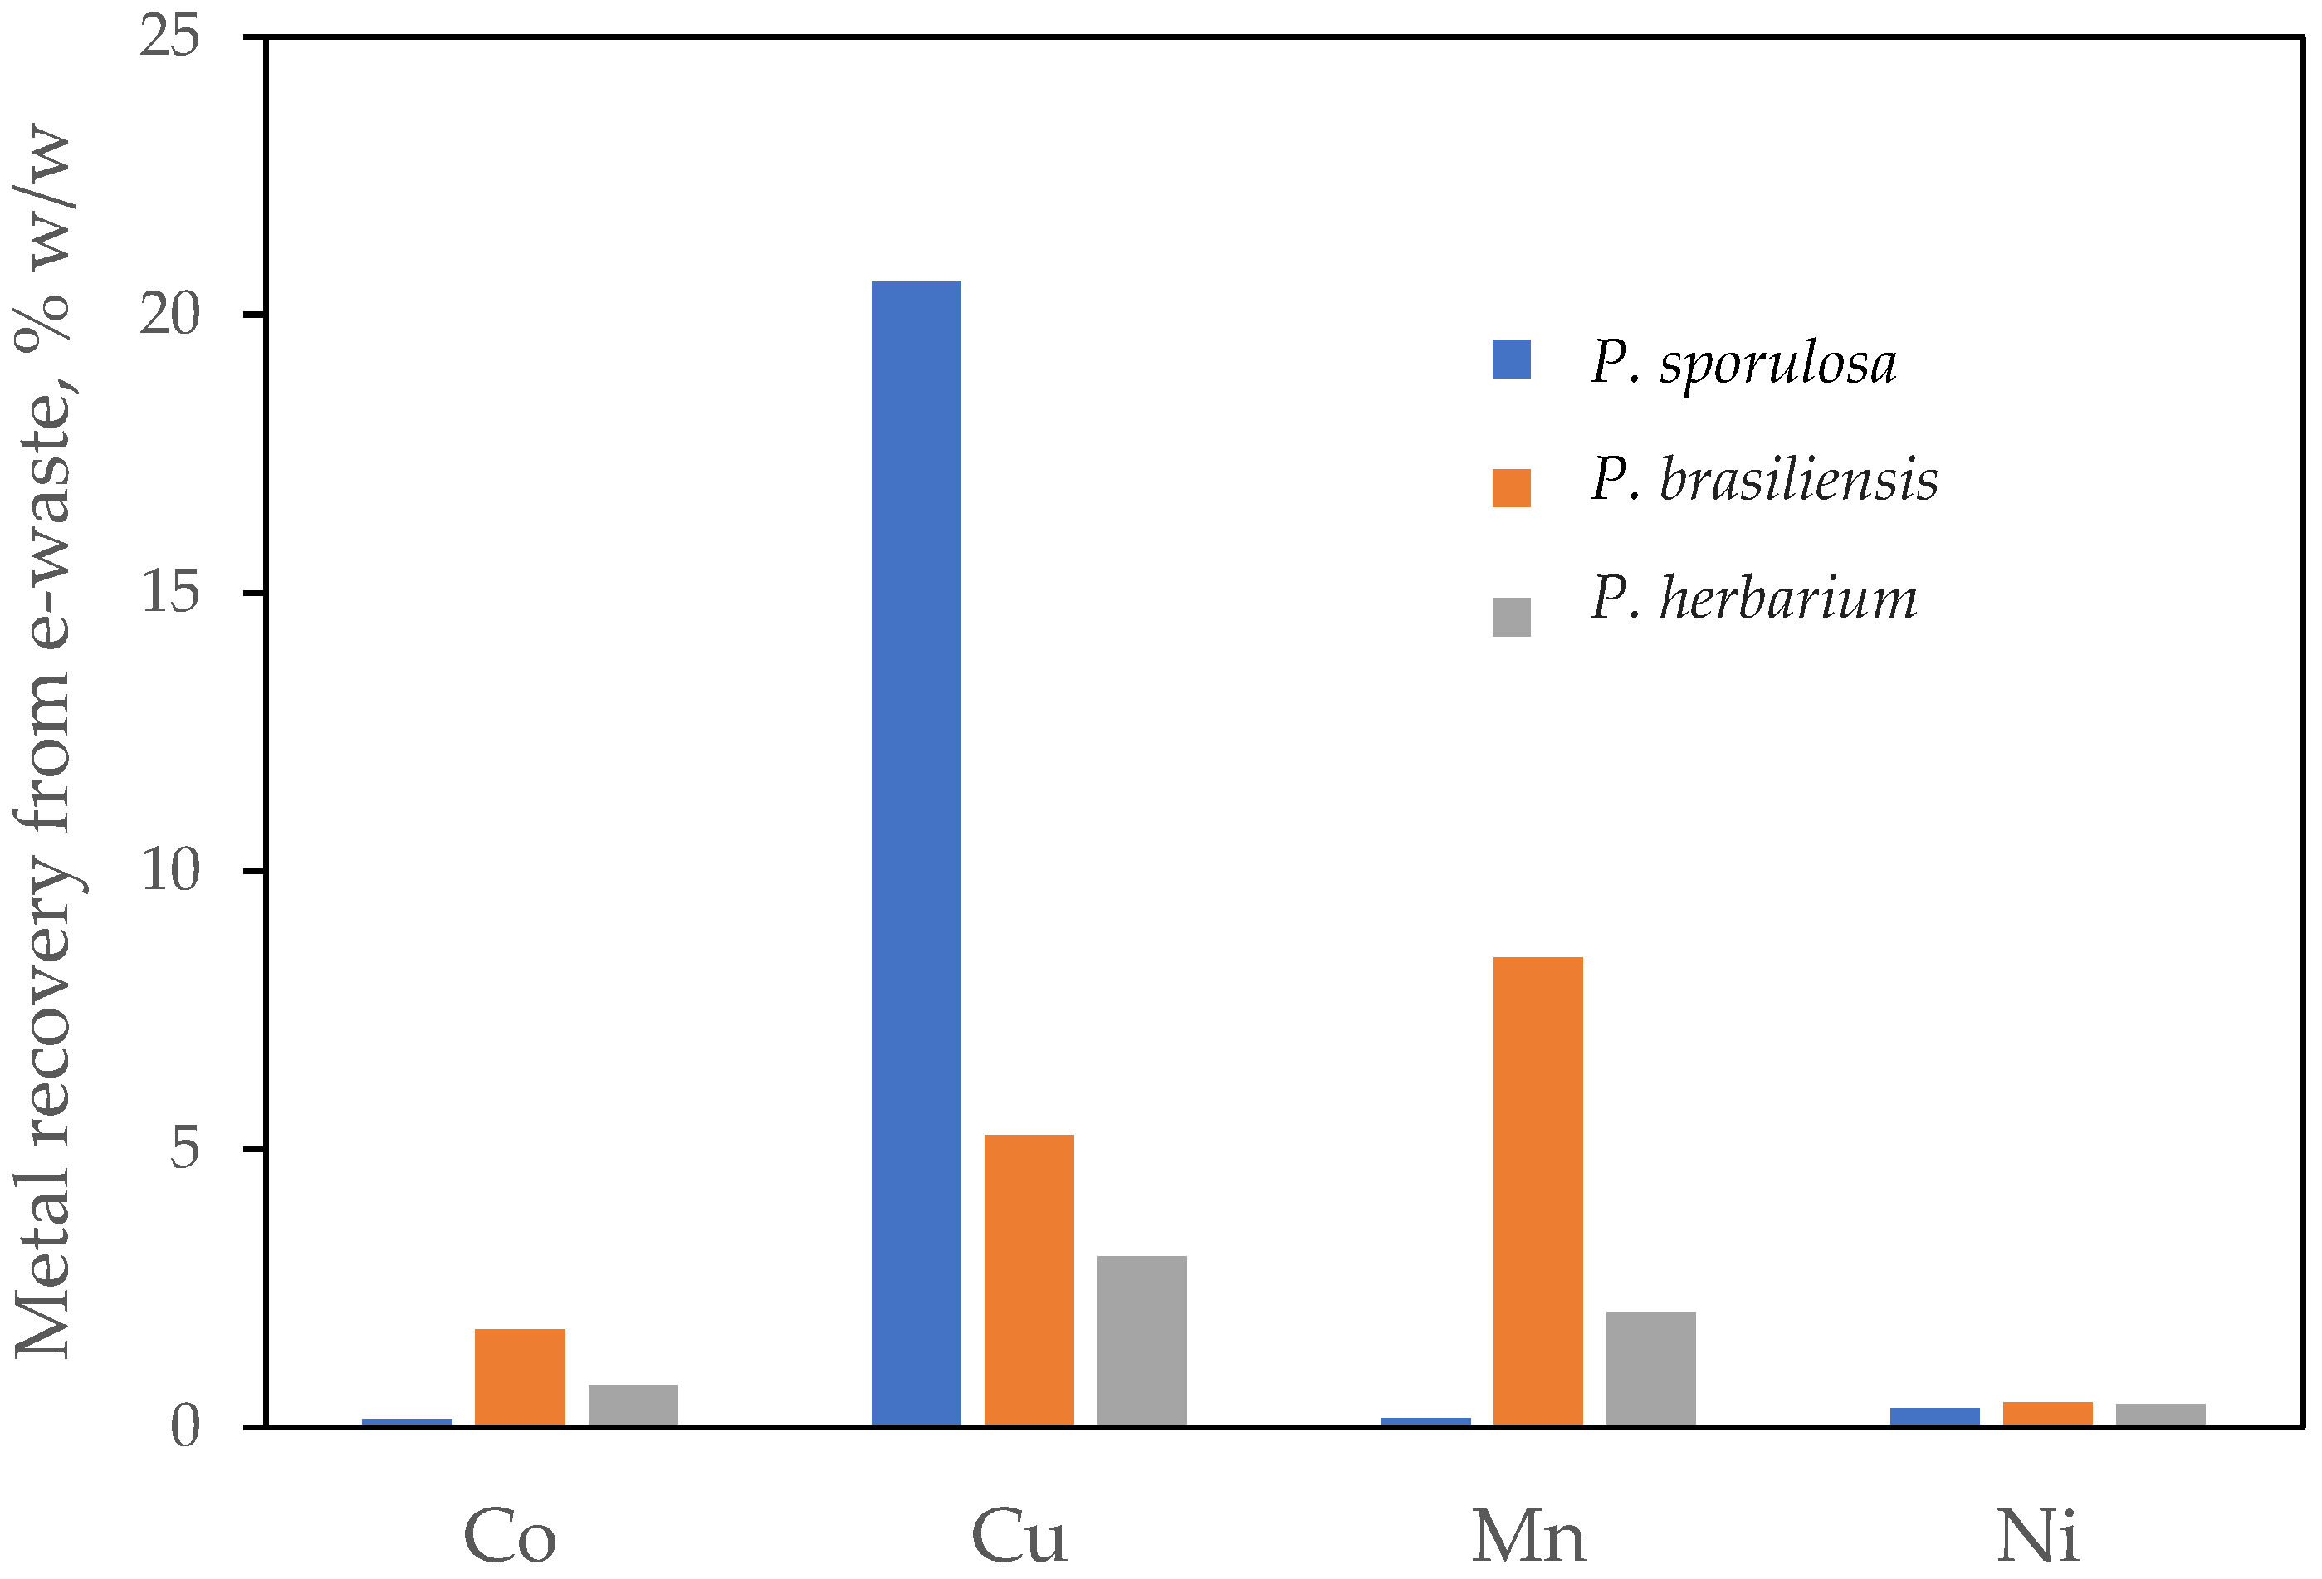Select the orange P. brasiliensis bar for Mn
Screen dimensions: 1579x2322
[x=1537, y=1190]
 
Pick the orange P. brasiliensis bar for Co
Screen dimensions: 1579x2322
[x=520, y=1376]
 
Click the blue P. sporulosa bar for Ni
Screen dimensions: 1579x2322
[x=1934, y=1416]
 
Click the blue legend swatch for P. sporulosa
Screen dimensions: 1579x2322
[x=1511, y=359]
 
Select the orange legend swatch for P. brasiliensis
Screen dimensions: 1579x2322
[x=1511, y=487]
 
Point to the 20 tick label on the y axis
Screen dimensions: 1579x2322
[x=170, y=315]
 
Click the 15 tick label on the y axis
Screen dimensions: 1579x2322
[x=170, y=593]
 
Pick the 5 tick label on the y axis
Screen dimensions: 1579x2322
[x=185, y=1148]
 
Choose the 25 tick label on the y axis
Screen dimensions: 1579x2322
[x=170, y=38]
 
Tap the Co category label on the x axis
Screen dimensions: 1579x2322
[x=510, y=1536]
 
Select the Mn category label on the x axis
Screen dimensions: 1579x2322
[x=1528, y=1536]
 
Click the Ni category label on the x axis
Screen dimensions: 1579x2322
[x=2037, y=1536]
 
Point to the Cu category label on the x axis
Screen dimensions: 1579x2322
[x=1019, y=1536]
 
